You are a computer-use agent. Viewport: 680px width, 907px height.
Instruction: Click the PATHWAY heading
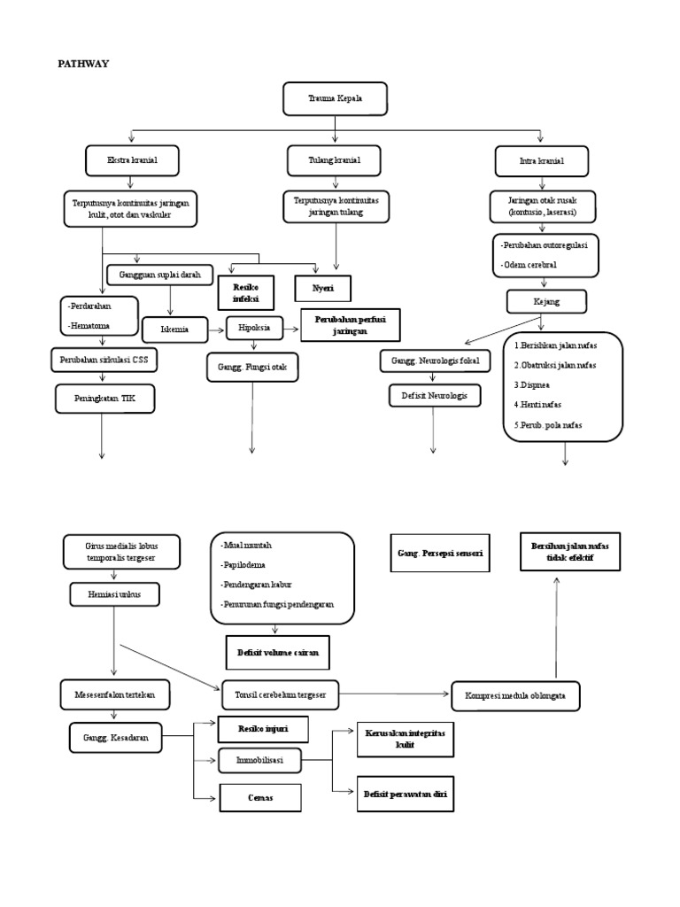(83, 64)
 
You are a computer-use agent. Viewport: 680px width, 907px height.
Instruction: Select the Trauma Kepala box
(336, 99)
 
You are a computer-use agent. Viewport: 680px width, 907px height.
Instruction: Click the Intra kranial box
(541, 161)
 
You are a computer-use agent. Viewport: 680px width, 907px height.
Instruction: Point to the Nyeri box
(322, 289)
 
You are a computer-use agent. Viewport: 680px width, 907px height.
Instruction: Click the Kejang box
(546, 303)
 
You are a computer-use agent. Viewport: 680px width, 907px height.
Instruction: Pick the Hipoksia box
(254, 328)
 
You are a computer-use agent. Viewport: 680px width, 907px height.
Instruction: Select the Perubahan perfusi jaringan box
(351, 325)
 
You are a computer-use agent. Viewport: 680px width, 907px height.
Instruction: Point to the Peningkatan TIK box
(104, 399)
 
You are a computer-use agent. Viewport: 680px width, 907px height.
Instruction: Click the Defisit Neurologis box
(434, 395)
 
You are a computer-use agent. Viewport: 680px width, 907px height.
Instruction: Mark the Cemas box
(260, 797)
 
